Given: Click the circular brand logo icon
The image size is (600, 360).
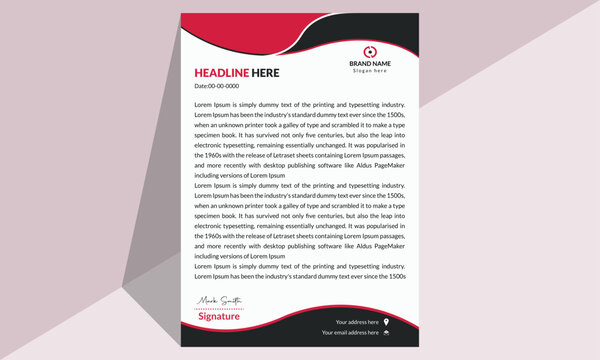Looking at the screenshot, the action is (369, 51).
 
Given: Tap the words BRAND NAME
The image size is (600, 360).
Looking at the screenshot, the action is (369, 64).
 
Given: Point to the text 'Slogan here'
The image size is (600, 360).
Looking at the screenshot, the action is (369, 71).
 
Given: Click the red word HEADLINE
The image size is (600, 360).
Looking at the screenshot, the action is (218, 73).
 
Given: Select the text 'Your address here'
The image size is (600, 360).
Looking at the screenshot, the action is (357, 322).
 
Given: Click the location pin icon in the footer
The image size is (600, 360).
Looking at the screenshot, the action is (386, 322).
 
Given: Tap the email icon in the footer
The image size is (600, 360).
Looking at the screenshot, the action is (386, 333).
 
